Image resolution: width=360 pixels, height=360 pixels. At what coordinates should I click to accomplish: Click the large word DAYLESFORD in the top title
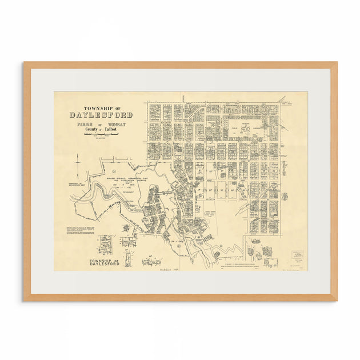pos(101,115)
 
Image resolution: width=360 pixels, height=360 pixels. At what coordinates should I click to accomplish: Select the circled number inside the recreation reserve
pos(114,171)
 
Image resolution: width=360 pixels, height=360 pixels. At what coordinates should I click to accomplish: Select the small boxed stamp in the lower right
pos(297,255)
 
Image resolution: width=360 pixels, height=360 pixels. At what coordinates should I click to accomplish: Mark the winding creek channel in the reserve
pos(109,197)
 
